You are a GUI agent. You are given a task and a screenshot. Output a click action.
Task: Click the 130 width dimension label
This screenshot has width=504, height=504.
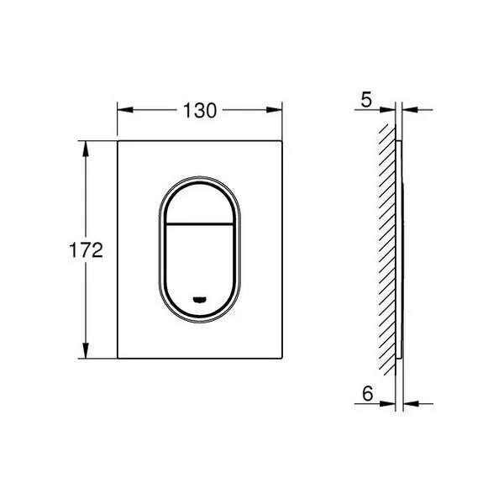point(200,110)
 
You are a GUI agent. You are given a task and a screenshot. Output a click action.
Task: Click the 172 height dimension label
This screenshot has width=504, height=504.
point(86,250)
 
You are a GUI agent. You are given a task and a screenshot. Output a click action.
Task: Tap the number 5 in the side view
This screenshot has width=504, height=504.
point(366,100)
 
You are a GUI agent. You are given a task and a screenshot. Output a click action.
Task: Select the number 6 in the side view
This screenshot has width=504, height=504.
point(367,393)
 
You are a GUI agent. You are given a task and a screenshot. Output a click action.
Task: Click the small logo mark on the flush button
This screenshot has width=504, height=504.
point(200,300)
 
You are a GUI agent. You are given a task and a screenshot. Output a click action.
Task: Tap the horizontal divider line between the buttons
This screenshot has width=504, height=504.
point(200,223)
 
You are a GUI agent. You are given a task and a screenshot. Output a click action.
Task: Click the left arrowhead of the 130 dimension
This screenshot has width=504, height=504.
point(125,110)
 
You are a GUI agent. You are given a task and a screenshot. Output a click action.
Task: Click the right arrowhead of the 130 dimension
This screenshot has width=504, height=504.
point(274,110)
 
